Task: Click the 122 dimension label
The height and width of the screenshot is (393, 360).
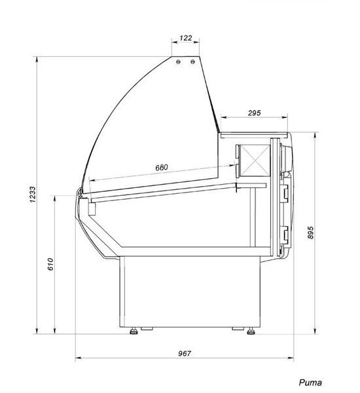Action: pos(186,38)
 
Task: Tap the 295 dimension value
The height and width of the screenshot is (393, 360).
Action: pos(254,113)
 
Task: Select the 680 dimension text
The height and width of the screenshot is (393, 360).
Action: pos(162,168)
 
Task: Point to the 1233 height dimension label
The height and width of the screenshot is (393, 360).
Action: pos(33,195)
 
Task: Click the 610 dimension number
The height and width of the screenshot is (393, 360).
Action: pos(50,264)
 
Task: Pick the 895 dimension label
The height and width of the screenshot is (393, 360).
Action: pos(310,233)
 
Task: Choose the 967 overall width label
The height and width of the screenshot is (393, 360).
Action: pos(185,354)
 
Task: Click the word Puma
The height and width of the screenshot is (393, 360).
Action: pos(310,383)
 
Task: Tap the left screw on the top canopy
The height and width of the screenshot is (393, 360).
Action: pos(178,62)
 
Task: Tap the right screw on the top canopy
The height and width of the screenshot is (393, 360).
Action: pos(192,62)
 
